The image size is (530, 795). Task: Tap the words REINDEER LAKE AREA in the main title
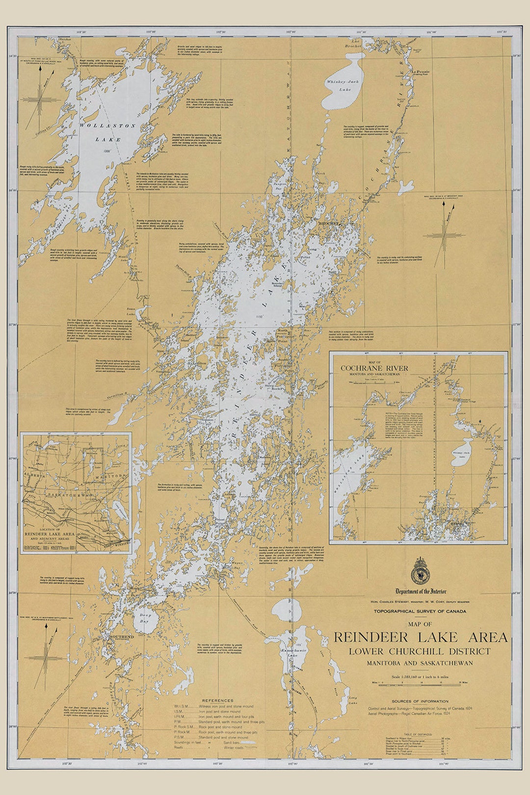[x=421, y=637]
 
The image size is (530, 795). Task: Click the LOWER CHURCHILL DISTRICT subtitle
[x=420, y=651]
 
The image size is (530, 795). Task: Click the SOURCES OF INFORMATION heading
[x=420, y=701]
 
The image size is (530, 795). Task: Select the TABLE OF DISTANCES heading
[x=420, y=734]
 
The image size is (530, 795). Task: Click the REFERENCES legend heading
[x=218, y=700]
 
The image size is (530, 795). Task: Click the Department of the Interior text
[x=421, y=591]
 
